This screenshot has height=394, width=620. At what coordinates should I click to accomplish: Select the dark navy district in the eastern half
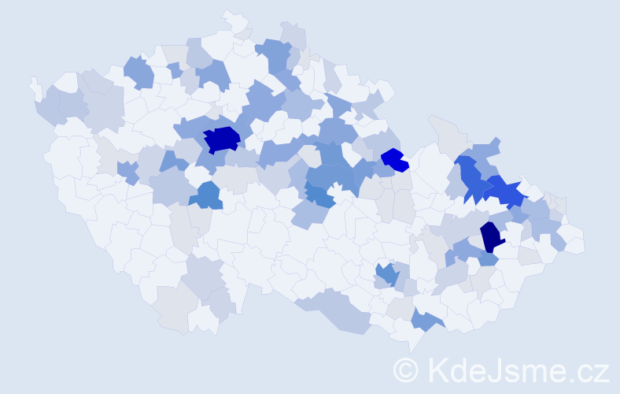[492, 236]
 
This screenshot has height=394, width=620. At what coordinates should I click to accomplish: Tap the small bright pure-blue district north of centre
[394, 159]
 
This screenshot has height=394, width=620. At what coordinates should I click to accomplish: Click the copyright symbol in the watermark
[408, 370]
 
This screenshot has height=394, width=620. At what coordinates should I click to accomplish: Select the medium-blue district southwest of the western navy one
[207, 195]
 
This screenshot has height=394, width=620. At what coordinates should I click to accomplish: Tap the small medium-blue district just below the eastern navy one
[488, 258]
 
